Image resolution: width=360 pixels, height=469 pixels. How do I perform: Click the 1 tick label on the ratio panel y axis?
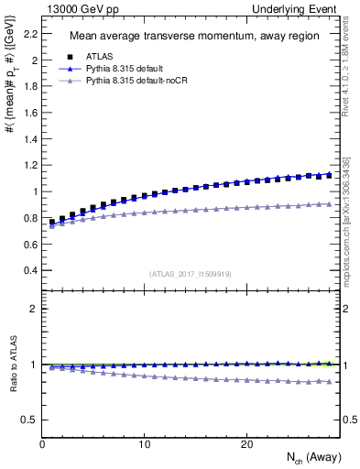click(x=30, y=365)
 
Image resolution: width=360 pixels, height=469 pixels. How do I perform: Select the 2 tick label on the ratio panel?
click(x=30, y=309)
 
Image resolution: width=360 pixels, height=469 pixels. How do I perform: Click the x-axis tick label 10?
click(x=144, y=443)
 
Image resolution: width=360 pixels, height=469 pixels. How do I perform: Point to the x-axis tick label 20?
click(x=246, y=443)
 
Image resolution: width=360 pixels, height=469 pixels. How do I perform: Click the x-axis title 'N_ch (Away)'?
click(x=310, y=458)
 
